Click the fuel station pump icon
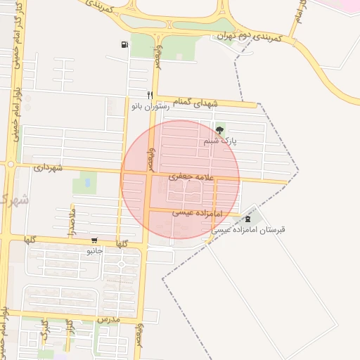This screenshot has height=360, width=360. (124, 46)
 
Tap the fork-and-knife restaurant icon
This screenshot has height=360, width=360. (149, 95)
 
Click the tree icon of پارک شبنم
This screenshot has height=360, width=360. (220, 130)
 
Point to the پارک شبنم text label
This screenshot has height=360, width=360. (220, 141)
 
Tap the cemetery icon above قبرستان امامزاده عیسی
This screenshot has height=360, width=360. (246, 219)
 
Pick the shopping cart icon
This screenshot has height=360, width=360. (94, 240)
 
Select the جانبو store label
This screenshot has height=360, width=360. (94, 250)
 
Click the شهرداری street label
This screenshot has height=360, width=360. (48, 168)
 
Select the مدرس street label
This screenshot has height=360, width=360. (110, 319)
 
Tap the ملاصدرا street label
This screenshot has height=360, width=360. (72, 217)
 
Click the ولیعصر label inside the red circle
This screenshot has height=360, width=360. (149, 155)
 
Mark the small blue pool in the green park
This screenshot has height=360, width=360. (86, 183)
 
